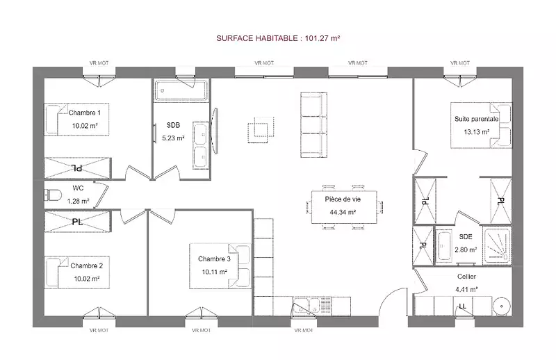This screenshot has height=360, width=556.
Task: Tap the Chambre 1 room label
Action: [x=85, y=113]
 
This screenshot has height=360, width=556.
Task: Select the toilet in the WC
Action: [x=53, y=195]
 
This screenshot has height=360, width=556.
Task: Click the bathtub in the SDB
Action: [x=181, y=90]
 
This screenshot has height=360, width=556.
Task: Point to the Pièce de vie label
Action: [x=343, y=199]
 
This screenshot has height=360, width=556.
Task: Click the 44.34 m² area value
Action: [x=343, y=212]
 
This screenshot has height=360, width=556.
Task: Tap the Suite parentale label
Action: [x=477, y=119]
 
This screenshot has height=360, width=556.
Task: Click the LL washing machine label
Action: [x=463, y=306]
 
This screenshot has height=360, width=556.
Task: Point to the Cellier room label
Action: [x=466, y=277]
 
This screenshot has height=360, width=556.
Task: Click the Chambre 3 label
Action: [x=214, y=259]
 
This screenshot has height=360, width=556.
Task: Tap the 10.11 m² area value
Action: [x=215, y=272]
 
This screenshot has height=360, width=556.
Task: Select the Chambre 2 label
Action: [x=86, y=265]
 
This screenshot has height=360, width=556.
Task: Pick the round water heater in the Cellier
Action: [x=501, y=306]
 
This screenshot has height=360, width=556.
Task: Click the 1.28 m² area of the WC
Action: [x=79, y=201]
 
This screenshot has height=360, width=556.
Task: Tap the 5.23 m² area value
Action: [x=173, y=138]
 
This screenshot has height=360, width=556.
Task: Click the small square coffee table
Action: [x=261, y=130]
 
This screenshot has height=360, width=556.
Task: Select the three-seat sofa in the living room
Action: [x=314, y=124]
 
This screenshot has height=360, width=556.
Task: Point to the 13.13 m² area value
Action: [x=477, y=132]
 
